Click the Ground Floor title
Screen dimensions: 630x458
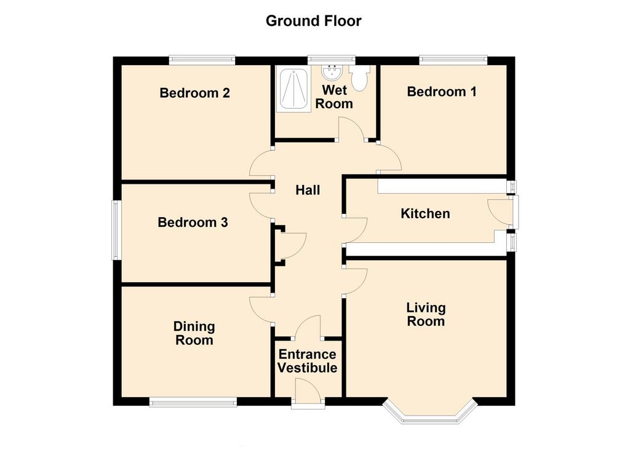click(313, 21)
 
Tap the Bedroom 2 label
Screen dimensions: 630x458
click(194, 93)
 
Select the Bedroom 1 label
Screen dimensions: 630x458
click(442, 92)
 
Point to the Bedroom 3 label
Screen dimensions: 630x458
click(193, 223)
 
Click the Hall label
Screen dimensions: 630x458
click(308, 190)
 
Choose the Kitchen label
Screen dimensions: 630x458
click(425, 213)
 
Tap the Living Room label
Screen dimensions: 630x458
click(426, 314)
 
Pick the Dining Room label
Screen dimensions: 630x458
click(194, 333)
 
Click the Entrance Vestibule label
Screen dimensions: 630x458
click(308, 361)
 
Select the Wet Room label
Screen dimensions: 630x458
click(334, 97)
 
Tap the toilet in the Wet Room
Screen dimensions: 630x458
click(359, 77)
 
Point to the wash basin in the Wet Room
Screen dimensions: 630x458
click(332, 73)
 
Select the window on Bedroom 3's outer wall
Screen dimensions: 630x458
click(116, 231)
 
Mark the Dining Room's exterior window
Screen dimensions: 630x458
click(193, 402)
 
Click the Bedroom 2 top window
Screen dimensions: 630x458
click(202, 60)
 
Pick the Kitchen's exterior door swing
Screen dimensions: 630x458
click(500, 211)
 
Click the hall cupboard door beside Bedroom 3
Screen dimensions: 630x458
click(292, 245)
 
